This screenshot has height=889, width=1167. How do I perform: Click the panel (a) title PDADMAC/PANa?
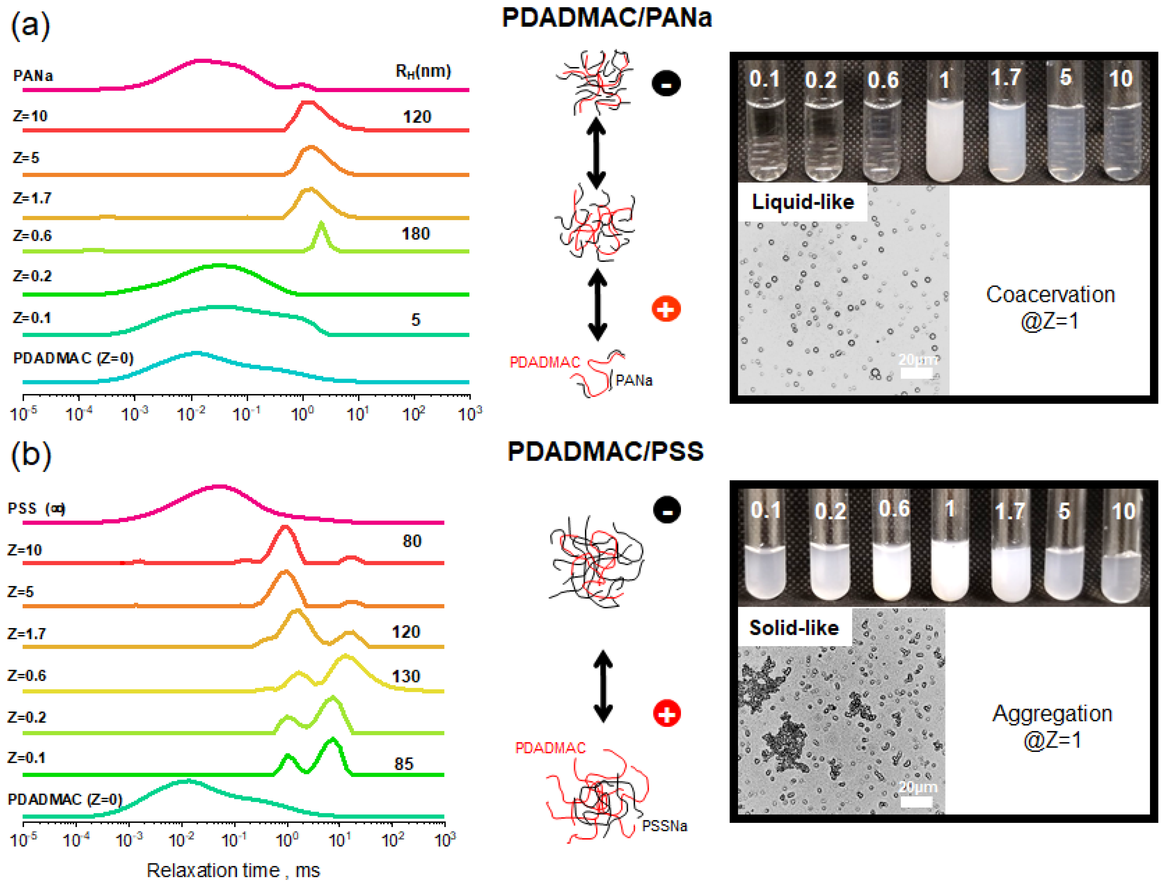point(607,18)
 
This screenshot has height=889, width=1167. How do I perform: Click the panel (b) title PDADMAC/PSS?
point(605,451)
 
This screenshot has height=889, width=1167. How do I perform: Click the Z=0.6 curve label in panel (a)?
point(32,235)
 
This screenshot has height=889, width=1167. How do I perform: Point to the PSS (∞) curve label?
point(36,508)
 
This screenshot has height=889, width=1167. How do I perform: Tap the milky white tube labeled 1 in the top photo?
point(945,137)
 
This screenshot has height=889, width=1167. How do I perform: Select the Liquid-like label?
point(802,202)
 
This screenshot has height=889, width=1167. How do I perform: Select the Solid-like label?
point(794,628)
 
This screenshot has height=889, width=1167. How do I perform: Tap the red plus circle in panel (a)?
point(666,309)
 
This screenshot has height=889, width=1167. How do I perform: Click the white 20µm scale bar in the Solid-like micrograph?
point(916,802)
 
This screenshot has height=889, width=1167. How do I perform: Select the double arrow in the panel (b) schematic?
point(603,686)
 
